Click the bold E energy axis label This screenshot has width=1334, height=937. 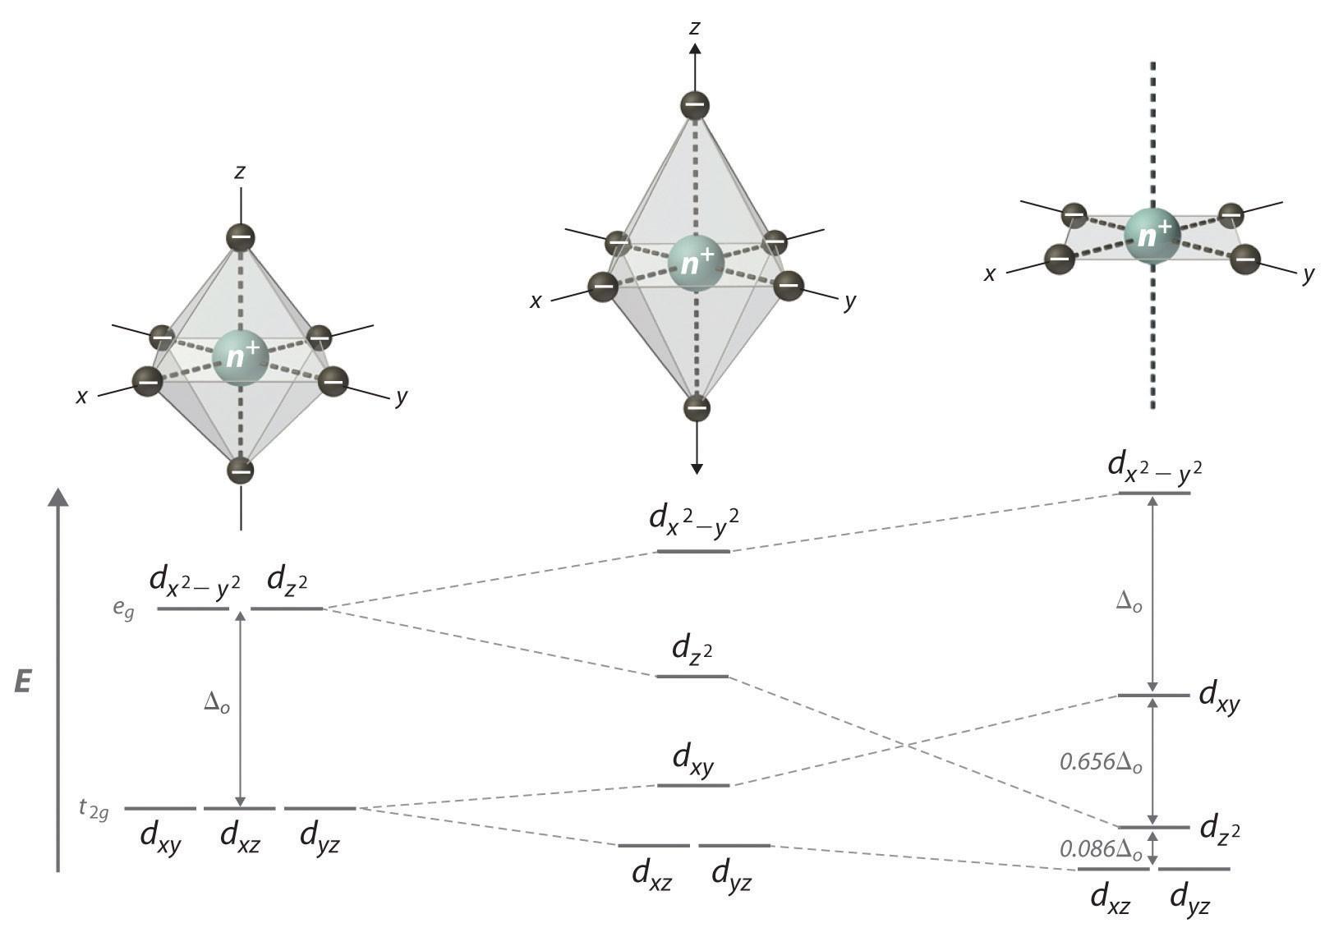tap(23, 682)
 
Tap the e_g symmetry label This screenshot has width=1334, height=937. tap(124, 611)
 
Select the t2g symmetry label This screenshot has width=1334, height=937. tap(94, 810)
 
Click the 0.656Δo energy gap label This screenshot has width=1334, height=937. tap(1101, 762)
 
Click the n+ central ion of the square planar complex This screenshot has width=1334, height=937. tap(1152, 237)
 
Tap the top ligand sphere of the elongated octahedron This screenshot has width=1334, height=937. tap(695, 105)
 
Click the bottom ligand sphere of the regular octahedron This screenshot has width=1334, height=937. tap(241, 471)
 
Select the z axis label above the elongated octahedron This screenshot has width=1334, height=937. tap(695, 29)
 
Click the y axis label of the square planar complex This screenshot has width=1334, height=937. tap(1309, 274)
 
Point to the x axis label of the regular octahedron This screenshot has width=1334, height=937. tap(81, 397)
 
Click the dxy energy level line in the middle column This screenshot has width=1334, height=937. tap(693, 786)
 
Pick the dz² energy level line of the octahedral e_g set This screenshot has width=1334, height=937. tap(287, 609)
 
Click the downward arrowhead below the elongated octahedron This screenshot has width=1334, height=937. tap(697, 468)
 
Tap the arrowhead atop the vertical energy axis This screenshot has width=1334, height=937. tap(57, 496)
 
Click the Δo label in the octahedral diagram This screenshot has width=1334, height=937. tap(216, 704)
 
